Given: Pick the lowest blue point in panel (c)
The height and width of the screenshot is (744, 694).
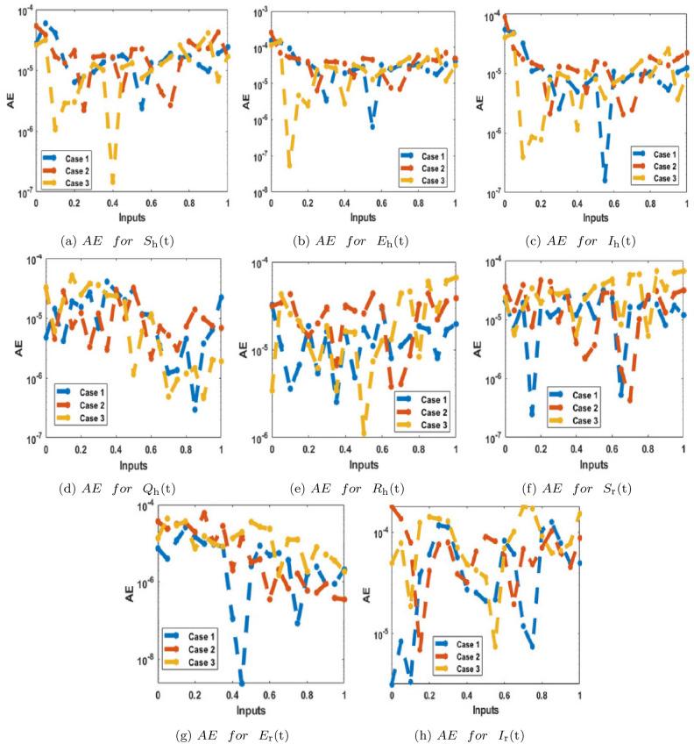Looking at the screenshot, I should click(605, 180).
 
